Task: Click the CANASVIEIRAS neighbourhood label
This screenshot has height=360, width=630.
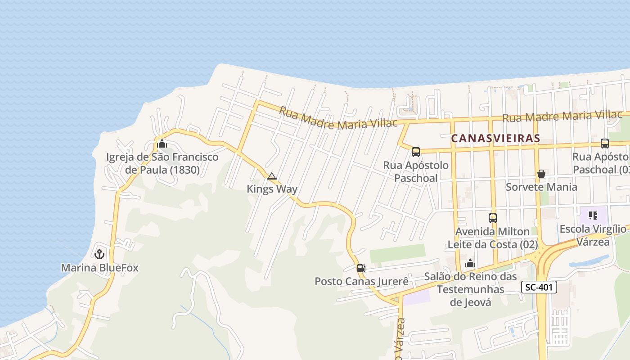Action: tap(495, 138)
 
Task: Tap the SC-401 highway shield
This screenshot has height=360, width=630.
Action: tap(540, 287)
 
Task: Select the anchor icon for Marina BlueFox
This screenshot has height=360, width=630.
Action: tap(99, 254)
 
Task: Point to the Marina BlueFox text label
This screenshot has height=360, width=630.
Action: tap(99, 268)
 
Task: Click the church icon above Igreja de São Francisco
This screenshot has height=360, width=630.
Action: tap(162, 144)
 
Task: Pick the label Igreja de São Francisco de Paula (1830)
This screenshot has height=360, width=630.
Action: tap(162, 163)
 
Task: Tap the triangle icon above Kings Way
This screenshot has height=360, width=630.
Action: tap(271, 176)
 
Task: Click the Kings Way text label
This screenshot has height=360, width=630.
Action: tap(272, 189)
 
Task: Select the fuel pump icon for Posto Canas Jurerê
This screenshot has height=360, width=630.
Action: tap(361, 268)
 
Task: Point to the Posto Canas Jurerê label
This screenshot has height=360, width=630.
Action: tap(361, 282)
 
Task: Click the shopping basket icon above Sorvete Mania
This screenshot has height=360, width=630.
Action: tap(541, 174)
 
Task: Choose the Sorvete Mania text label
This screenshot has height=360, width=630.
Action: tap(541, 187)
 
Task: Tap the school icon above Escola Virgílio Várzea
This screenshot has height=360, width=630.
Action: tap(593, 216)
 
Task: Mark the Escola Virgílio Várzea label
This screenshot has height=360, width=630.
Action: tap(593, 235)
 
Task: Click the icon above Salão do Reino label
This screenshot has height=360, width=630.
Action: tap(470, 263)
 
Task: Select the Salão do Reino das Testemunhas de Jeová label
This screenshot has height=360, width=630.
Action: tap(470, 289)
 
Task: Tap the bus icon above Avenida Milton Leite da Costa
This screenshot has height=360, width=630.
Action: tap(493, 218)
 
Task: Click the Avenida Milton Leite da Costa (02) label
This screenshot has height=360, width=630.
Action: tap(493, 238)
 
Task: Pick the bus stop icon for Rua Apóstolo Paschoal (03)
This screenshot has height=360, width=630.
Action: tap(605, 144)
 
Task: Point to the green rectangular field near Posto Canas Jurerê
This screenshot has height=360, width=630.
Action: tap(397, 253)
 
